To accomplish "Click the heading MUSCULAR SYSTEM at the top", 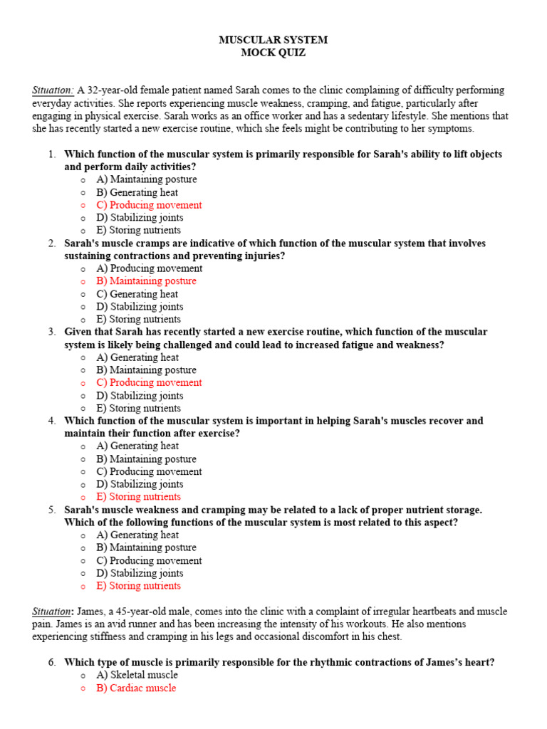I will (x=273, y=40).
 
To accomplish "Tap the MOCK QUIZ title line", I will (x=273, y=53).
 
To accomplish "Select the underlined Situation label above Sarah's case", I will (x=53, y=90).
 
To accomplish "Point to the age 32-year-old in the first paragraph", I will (x=114, y=90).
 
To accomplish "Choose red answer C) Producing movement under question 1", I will (x=149, y=205).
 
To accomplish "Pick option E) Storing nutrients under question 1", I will (x=138, y=231).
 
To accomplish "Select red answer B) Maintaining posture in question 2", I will (x=146, y=281).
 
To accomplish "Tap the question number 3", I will (x=52, y=332).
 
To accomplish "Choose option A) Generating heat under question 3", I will (x=137, y=357).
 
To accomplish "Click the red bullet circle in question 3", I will (x=83, y=383).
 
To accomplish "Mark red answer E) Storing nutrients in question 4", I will (x=138, y=497).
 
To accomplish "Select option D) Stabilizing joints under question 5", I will (x=140, y=573).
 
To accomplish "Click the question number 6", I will (x=52, y=662).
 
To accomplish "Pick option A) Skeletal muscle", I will (x=137, y=675).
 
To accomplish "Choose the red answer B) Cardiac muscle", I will (x=136, y=688).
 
